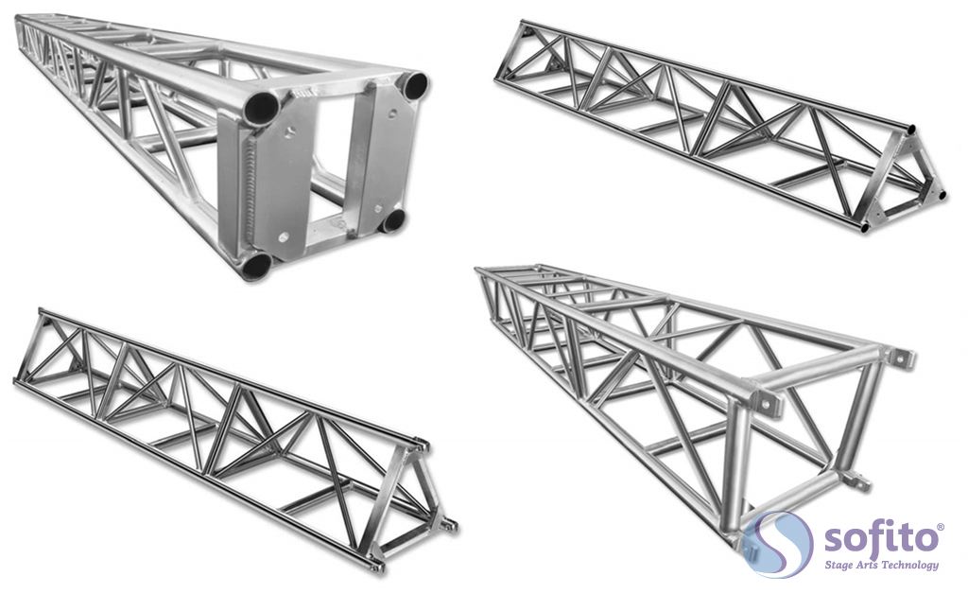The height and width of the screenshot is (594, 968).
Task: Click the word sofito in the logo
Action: click(880, 538)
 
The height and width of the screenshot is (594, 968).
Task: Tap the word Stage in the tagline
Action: click(839, 565)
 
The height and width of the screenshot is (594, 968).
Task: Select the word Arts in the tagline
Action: click(869, 565)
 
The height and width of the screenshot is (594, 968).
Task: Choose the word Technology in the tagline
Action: click(910, 565)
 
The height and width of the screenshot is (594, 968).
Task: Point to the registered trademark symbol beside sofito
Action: click(941, 527)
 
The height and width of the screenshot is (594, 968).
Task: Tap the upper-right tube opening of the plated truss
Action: click(415, 85)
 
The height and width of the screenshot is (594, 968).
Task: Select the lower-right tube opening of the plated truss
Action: click(392, 221)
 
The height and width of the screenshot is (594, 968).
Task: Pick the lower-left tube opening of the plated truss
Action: click(255, 266)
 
